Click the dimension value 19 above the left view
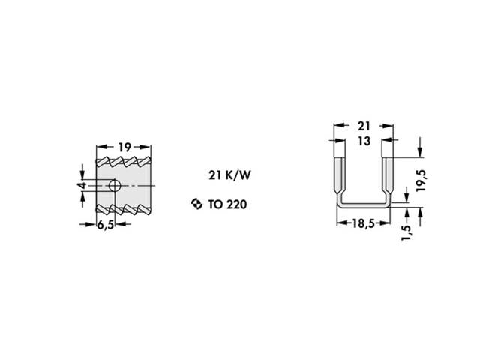point(124,147)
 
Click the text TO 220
point(226,203)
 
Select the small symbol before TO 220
point(196,203)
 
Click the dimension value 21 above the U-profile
point(364,126)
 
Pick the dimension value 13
point(364,141)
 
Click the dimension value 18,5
point(364,223)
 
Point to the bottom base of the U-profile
point(364,205)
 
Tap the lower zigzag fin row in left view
point(124,208)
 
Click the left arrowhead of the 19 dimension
point(100,147)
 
